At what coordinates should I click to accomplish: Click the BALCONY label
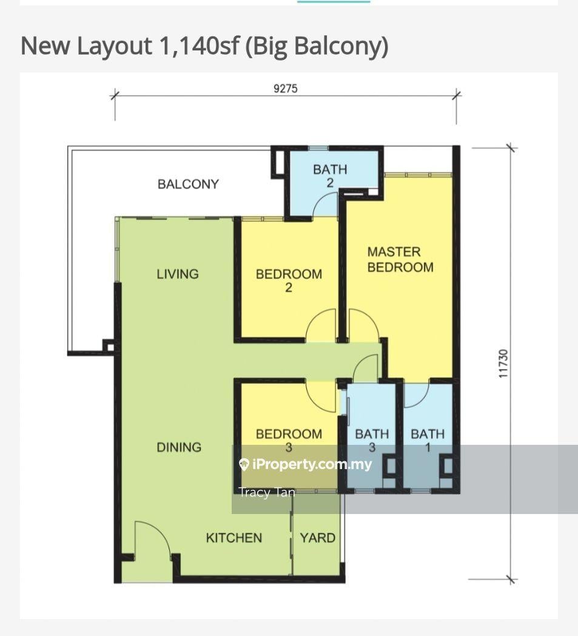click(188, 184)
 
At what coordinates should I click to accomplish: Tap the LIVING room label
click(178, 274)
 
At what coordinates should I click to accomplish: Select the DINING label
click(179, 447)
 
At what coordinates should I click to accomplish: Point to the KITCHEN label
click(234, 538)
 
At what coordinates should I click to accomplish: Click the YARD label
click(317, 538)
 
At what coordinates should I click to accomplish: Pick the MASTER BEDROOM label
click(400, 260)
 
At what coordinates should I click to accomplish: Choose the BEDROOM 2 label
click(289, 280)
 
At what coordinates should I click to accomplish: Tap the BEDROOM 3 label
click(289, 441)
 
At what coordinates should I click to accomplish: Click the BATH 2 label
click(330, 175)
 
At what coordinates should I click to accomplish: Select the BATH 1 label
click(428, 441)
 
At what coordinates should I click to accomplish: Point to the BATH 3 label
click(372, 441)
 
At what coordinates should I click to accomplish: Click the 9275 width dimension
click(285, 89)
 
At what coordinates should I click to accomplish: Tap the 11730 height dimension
click(503, 364)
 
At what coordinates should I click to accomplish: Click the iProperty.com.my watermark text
click(305, 464)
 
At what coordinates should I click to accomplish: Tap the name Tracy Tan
click(267, 492)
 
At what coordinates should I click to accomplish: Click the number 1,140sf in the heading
click(200, 46)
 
